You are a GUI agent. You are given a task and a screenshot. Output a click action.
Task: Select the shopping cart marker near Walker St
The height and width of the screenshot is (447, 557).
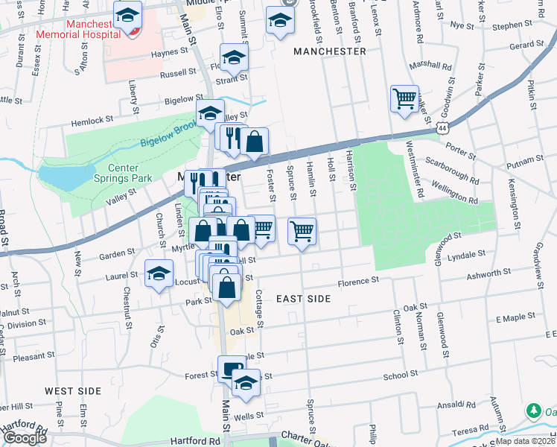click(x=404, y=98)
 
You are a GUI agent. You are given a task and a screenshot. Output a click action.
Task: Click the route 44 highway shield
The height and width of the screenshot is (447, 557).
click(x=444, y=128)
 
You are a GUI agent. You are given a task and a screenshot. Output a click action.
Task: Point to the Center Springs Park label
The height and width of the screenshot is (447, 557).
click(x=122, y=173)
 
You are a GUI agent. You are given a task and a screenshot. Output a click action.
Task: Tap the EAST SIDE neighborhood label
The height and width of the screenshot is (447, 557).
click(x=303, y=298)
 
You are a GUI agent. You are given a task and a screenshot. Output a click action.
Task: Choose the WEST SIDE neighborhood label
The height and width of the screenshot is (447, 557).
click(x=72, y=391)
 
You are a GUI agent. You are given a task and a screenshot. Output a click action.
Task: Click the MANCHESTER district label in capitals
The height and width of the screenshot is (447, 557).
click(x=329, y=51)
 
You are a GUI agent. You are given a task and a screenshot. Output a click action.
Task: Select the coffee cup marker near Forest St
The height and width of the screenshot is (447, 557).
click(x=232, y=368)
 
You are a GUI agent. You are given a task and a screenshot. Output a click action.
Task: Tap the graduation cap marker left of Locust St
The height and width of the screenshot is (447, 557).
click(x=159, y=273)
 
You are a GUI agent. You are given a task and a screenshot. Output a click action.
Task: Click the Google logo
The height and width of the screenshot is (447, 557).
click(x=24, y=438)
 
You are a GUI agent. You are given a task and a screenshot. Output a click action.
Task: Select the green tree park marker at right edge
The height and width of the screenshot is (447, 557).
click(x=533, y=410)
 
